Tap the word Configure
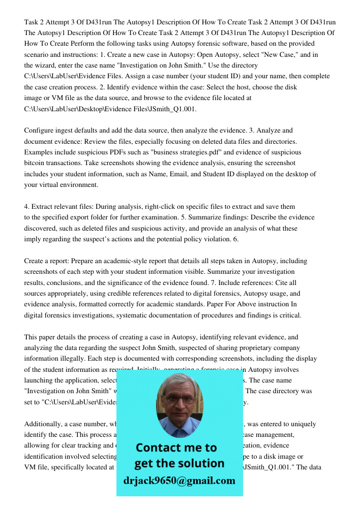point(40,131)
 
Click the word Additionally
point(42,424)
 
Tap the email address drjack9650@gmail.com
point(179,480)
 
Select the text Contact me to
point(176,448)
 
